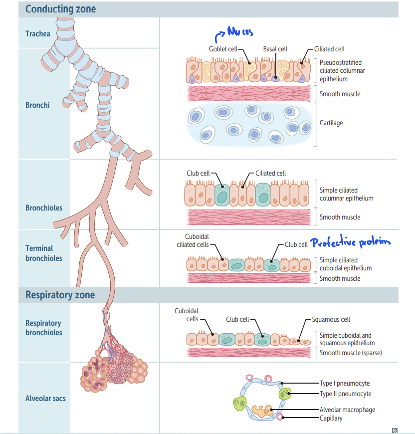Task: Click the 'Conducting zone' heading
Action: click(x=60, y=9)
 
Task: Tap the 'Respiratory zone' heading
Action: click(x=60, y=295)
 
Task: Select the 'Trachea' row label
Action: click(x=38, y=33)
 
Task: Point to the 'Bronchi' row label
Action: click(x=37, y=105)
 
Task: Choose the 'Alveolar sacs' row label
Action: click(x=45, y=398)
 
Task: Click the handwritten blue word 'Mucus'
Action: click(x=240, y=32)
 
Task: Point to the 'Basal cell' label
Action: click(x=275, y=49)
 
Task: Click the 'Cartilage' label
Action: click(x=331, y=123)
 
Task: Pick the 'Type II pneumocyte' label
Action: click(x=345, y=394)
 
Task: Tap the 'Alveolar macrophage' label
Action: click(x=347, y=410)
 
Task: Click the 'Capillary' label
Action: click(x=331, y=418)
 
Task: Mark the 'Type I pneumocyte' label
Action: click(x=345, y=383)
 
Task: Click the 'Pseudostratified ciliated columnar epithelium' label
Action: click(x=342, y=71)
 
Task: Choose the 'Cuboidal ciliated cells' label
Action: click(x=193, y=240)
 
